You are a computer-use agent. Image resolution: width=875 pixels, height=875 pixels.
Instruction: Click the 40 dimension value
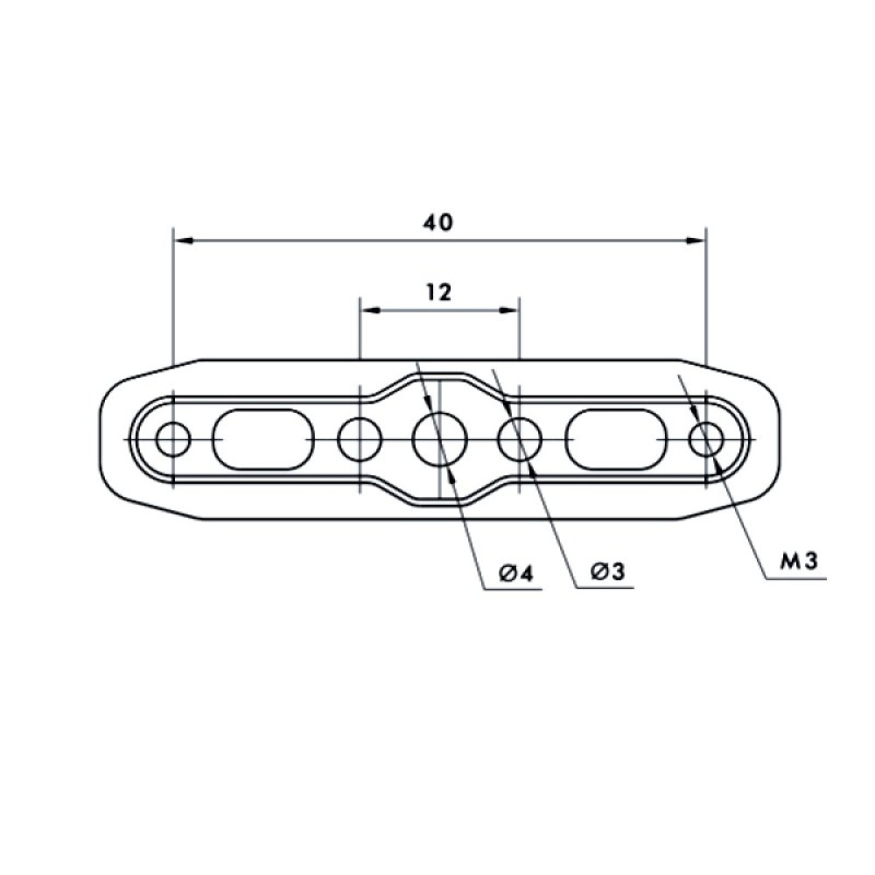[438, 222]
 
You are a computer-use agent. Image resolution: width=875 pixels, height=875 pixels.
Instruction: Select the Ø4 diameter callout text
[516, 573]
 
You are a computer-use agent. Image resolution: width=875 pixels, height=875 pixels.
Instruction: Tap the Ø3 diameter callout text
[606, 573]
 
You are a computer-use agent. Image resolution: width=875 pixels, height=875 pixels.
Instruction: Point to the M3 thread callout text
[799, 562]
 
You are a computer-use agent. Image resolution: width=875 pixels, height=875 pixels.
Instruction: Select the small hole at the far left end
[174, 438]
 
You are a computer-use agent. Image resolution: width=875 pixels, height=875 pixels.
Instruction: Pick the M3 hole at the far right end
[706, 438]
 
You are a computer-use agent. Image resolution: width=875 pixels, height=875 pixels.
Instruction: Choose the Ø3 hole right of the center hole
[520, 438]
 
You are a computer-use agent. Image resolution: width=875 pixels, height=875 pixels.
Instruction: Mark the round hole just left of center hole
[360, 438]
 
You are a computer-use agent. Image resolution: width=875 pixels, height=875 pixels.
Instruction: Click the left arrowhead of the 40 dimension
[182, 240]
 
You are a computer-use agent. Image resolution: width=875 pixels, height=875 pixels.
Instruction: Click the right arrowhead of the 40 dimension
[696, 240]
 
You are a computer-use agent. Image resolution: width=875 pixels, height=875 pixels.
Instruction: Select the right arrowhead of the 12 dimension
[511, 310]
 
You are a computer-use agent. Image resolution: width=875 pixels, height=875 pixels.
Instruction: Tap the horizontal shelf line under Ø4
[513, 589]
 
